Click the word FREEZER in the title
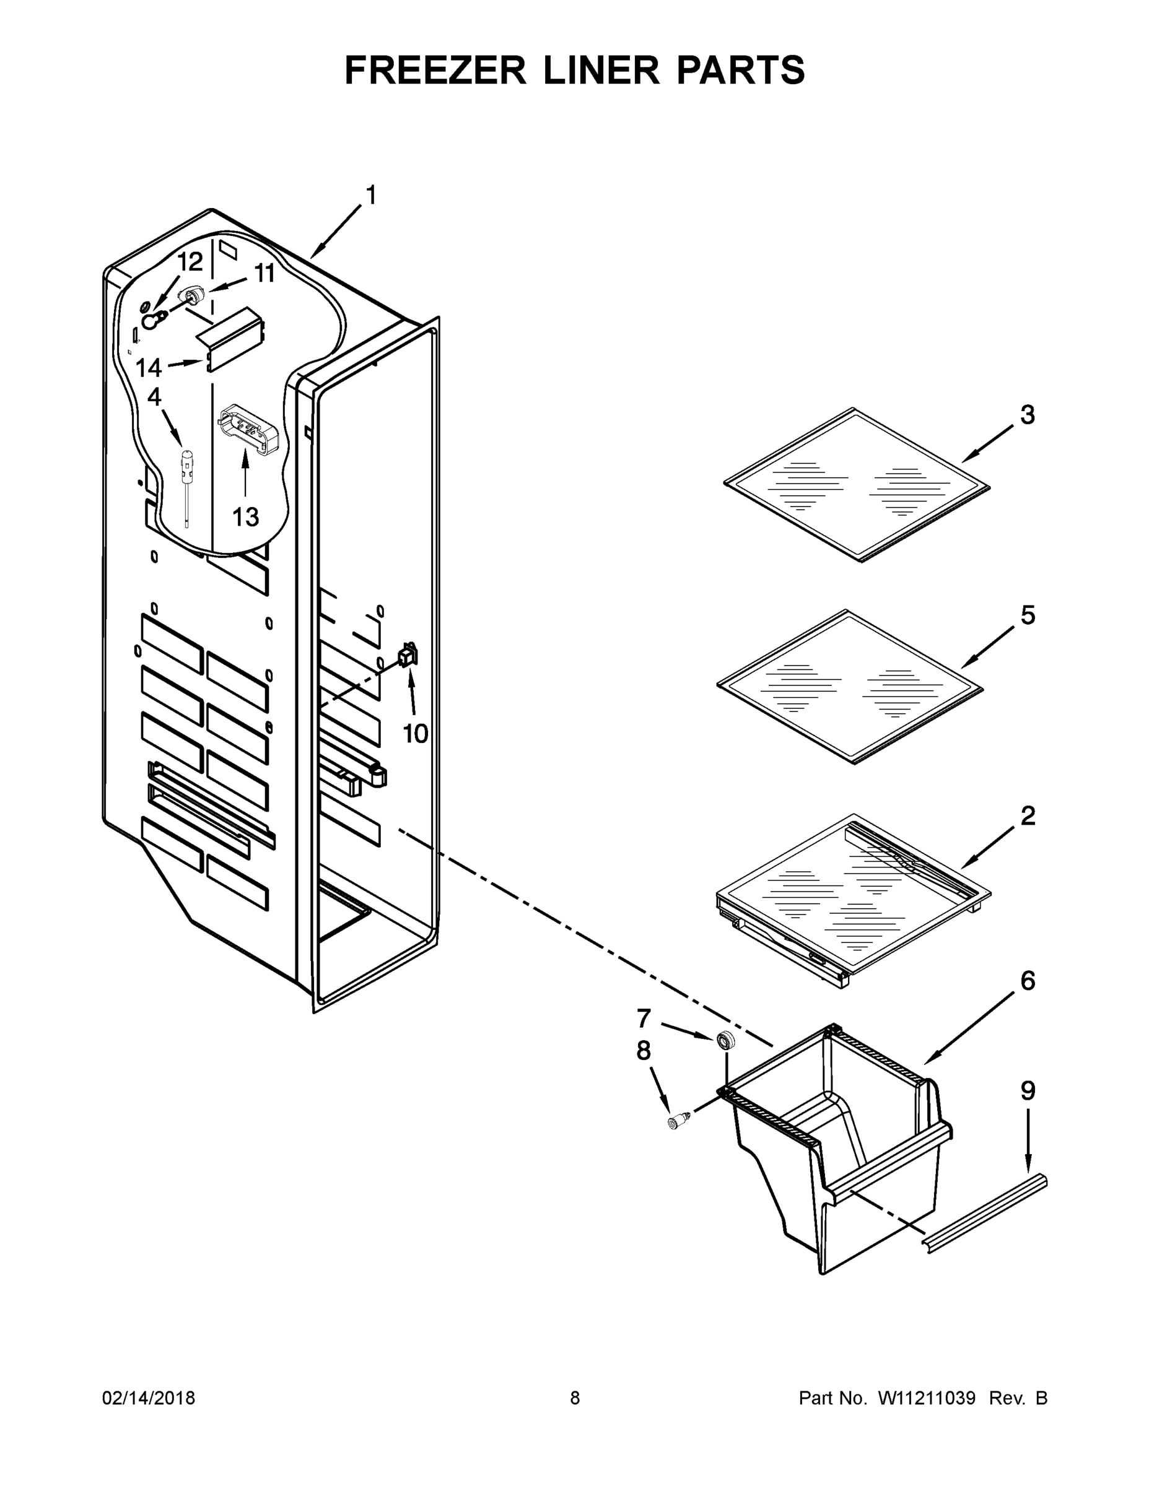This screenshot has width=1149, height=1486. [x=435, y=70]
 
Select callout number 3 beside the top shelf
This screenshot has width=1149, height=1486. [x=1027, y=414]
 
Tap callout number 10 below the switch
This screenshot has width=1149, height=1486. [x=415, y=734]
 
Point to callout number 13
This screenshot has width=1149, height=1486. [x=245, y=517]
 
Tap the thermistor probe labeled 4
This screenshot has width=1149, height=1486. [x=186, y=476]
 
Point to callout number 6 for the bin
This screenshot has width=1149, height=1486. [x=1027, y=981]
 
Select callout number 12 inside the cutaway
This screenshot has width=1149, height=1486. [x=190, y=262]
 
